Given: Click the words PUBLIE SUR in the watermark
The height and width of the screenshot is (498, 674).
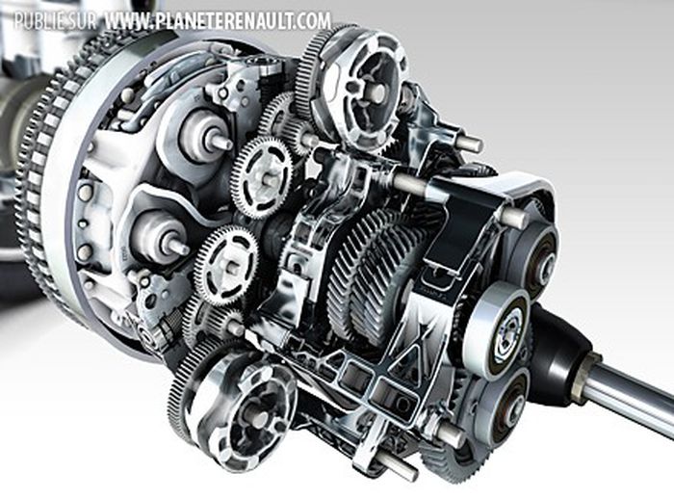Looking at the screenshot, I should (50, 20).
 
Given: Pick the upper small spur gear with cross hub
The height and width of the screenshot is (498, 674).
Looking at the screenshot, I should (259, 174).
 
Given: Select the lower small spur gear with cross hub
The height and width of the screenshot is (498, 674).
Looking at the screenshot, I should (225, 264).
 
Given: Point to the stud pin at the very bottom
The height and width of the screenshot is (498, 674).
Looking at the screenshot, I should (394, 466).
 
